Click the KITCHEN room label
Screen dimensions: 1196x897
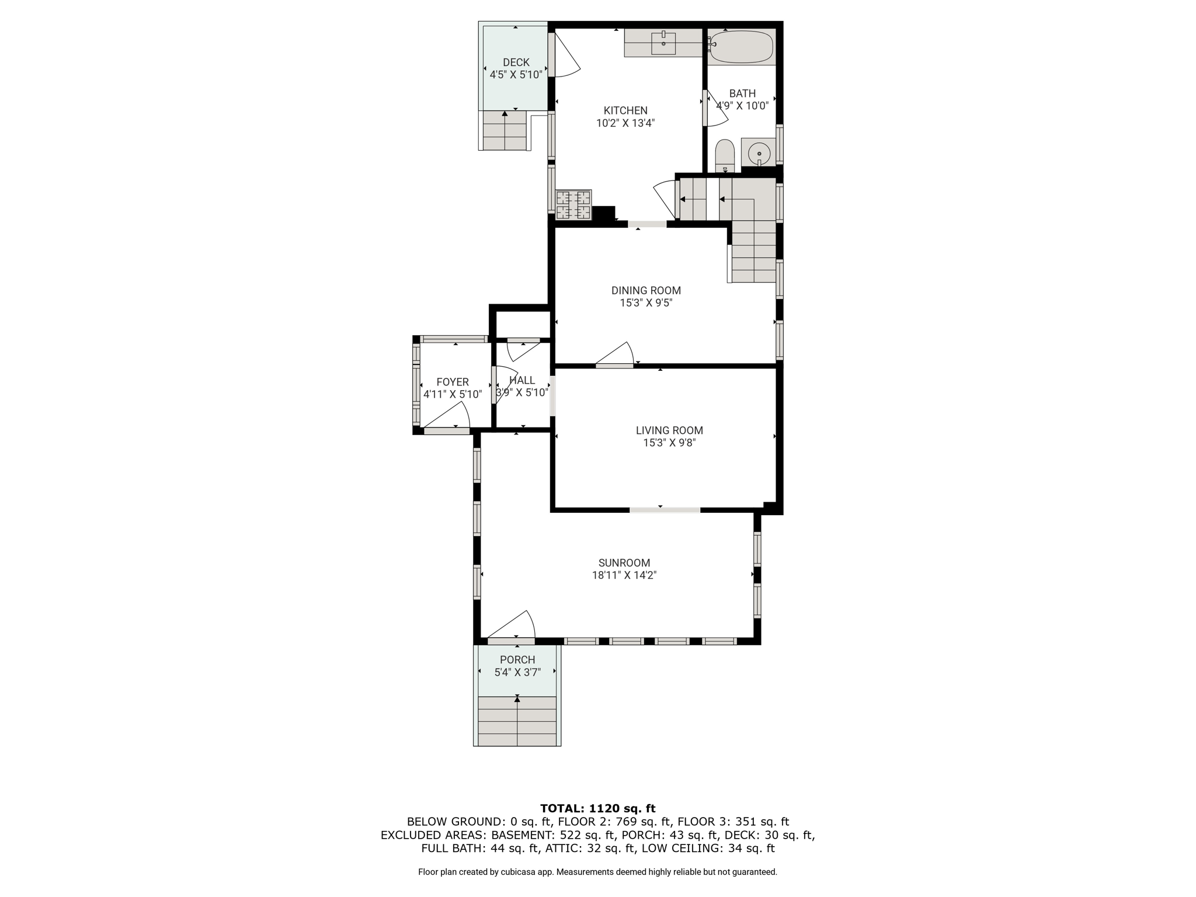(x=625, y=110)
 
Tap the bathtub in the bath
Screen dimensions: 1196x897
(x=741, y=47)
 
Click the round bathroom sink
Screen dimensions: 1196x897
(x=759, y=153)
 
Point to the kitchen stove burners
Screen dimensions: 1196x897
(x=573, y=205)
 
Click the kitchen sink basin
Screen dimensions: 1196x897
(x=663, y=43)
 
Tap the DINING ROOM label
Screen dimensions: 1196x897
(x=646, y=290)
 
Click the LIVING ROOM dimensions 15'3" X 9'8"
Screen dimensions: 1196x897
(x=669, y=443)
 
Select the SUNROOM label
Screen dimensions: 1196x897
(x=624, y=563)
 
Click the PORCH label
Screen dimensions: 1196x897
(x=517, y=660)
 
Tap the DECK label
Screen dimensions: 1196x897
(x=516, y=62)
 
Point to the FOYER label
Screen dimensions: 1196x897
(x=453, y=383)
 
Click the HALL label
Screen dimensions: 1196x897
(x=522, y=380)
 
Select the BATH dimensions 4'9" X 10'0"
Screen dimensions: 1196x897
(x=742, y=106)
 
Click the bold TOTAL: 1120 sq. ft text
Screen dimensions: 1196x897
(x=598, y=809)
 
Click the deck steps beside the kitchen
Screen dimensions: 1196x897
(x=505, y=131)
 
